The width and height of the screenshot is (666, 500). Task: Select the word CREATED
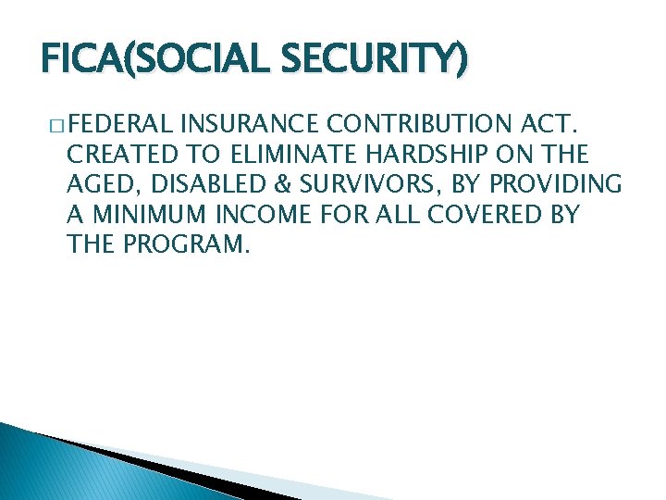[122, 153]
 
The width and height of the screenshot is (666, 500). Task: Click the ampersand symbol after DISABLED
[262, 184]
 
